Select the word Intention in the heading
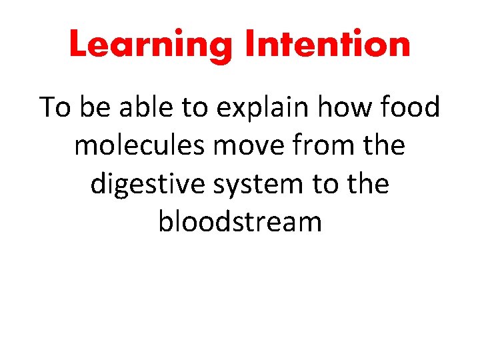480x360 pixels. click(327, 44)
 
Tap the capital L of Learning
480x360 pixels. click(79, 44)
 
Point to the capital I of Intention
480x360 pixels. click(251, 44)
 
